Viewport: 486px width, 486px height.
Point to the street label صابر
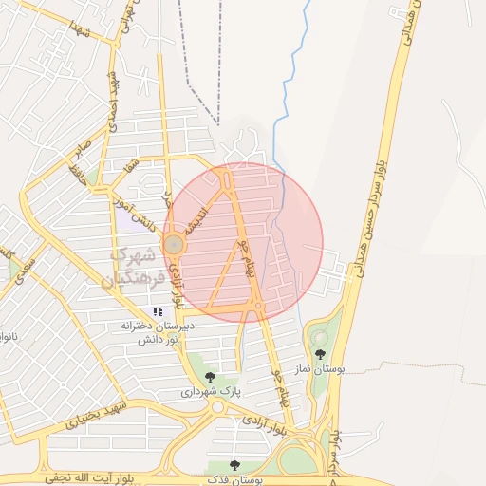[x=82, y=153]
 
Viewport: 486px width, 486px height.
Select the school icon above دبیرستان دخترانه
[x=158, y=311]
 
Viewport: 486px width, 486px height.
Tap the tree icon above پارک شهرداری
[x=210, y=377]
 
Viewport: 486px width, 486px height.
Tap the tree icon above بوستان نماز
[x=319, y=353]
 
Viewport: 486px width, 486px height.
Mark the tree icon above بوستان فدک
[x=234, y=465]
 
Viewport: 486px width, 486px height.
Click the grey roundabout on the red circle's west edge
[x=174, y=245]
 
